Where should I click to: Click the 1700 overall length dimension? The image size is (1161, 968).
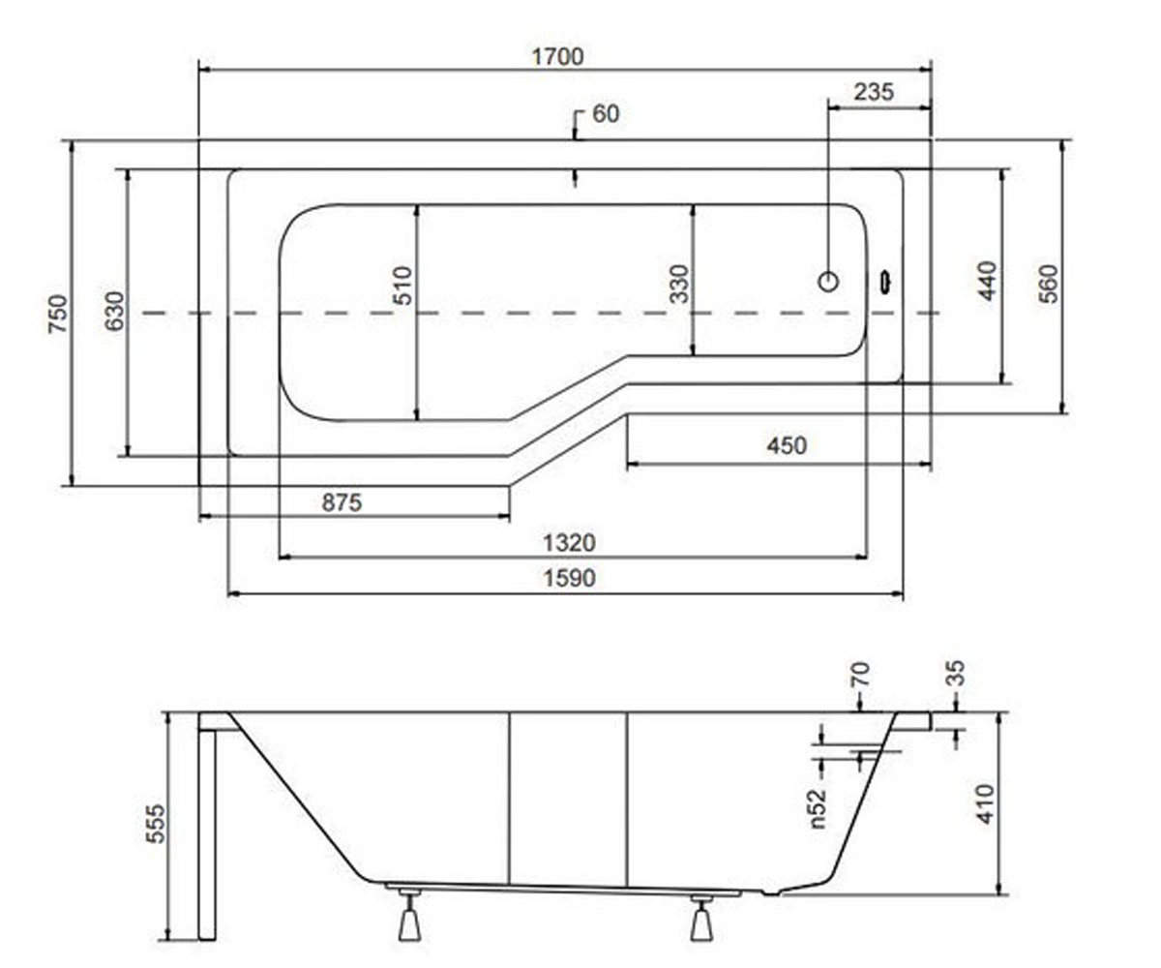[x=557, y=57]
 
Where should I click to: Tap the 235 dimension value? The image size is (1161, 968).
[x=874, y=92]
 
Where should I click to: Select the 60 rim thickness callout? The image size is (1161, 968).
[x=606, y=114]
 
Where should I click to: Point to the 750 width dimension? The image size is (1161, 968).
[x=58, y=314]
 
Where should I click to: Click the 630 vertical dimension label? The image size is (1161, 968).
[x=114, y=311]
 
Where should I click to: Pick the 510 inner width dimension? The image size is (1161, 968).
[x=402, y=286]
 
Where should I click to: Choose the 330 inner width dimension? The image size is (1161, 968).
[x=678, y=285]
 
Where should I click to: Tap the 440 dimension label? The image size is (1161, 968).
[x=987, y=281]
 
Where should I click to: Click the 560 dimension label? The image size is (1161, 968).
[x=1048, y=284]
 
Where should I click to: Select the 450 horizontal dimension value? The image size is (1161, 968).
[x=787, y=445]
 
